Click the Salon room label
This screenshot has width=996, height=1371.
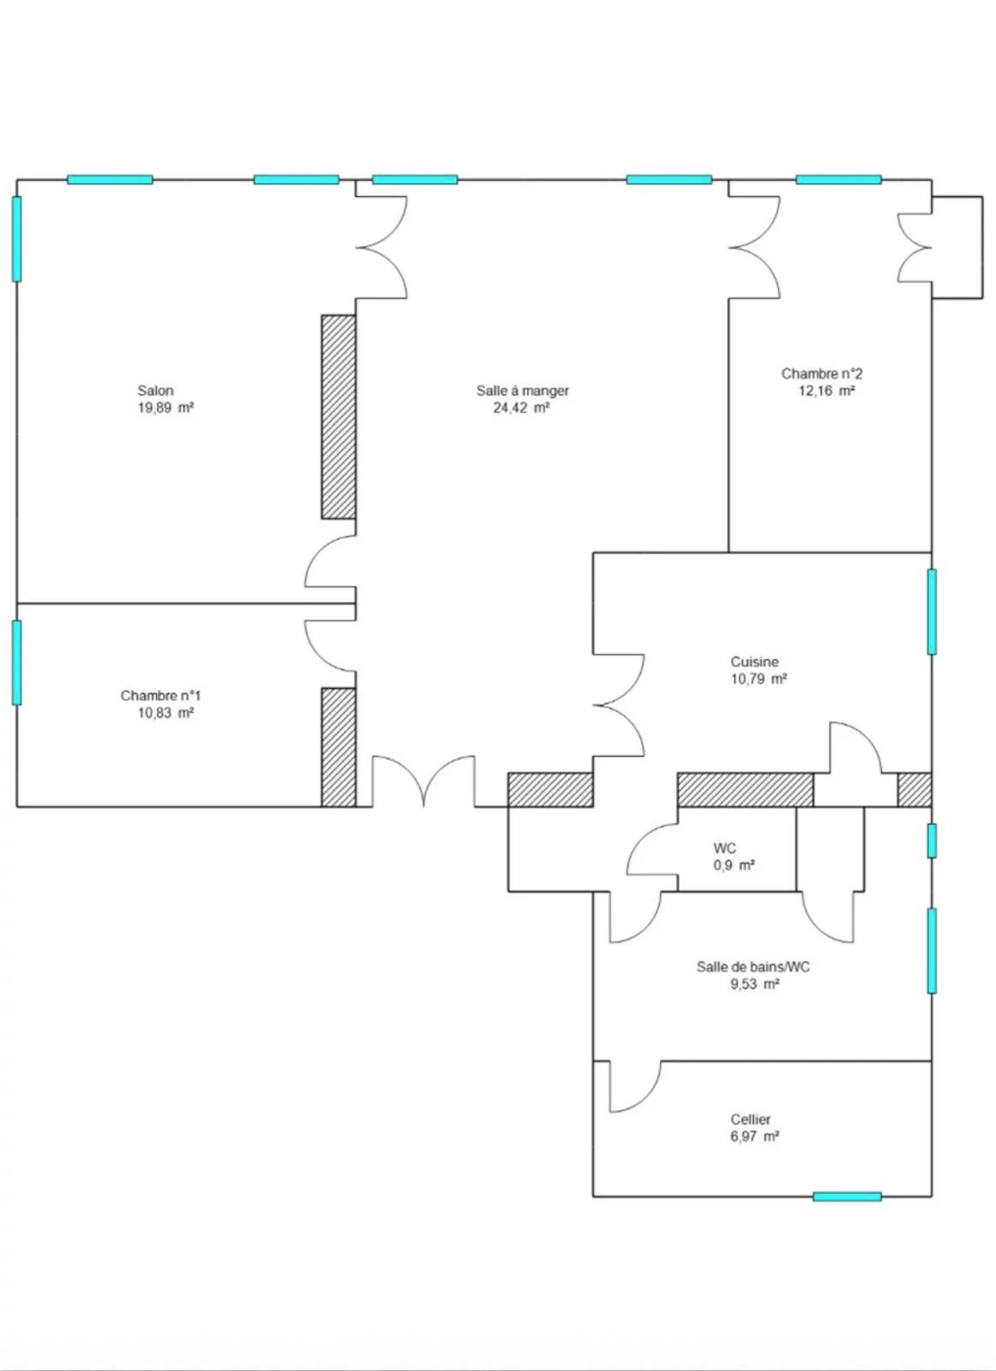pyautogui.click(x=155, y=390)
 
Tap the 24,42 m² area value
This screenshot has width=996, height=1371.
pyautogui.click(x=521, y=408)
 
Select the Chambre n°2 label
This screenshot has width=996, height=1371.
pyautogui.click(x=821, y=374)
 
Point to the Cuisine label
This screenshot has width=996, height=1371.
pyautogui.click(x=754, y=662)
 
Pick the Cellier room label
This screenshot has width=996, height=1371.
pyautogui.click(x=751, y=1119)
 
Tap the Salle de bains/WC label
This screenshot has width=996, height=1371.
pyautogui.click(x=753, y=967)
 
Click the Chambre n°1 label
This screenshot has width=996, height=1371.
pyautogui.click(x=160, y=695)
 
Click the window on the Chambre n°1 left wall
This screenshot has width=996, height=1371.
pyautogui.click(x=16, y=662)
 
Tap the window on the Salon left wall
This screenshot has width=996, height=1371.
pyautogui.click(x=16, y=239)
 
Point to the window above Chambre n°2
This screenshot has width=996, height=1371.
pyautogui.click(x=838, y=180)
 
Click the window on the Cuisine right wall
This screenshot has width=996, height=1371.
pyautogui.click(x=932, y=612)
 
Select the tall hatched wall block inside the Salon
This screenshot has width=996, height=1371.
pyautogui.click(x=339, y=417)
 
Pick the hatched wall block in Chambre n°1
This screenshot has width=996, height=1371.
pyautogui.click(x=339, y=747)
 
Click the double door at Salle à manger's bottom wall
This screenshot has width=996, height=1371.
pyautogui.click(x=423, y=781)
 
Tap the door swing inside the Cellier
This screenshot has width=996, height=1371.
pyautogui.click(x=635, y=1087)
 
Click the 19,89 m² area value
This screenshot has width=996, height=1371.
pyautogui.click(x=165, y=408)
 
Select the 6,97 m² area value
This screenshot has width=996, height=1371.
pyautogui.click(x=755, y=1136)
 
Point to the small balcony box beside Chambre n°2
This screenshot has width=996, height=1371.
pyautogui.click(x=957, y=248)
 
